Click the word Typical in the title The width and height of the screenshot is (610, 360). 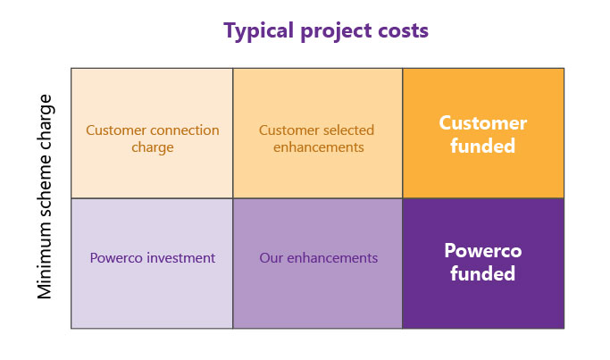click(257, 31)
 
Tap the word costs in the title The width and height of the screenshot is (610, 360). click(400, 31)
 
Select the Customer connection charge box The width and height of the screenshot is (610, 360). click(152, 133)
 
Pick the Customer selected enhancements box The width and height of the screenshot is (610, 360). click(317, 133)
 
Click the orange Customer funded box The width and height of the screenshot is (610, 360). click(483, 133)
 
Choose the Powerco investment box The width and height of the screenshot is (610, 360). click(152, 263)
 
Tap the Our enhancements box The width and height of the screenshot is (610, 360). click(317, 263)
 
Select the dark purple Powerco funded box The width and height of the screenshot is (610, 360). click(483, 263)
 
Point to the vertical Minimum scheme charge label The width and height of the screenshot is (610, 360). click(46, 197)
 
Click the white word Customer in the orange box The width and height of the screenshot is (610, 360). click(483, 123)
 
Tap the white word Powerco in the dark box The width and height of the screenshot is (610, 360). click(483, 252)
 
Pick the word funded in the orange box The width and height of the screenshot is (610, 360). click(483, 146)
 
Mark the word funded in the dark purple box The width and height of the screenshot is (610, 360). click(483, 274)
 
